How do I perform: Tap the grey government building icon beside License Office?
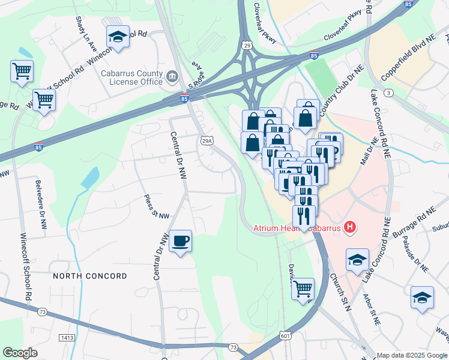click(x=172, y=76)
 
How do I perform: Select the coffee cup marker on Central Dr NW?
click(x=180, y=241)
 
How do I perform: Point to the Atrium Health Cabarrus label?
click(x=292, y=227)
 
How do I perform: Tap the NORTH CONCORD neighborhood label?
click(x=89, y=276)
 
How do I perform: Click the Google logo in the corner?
click(x=20, y=353)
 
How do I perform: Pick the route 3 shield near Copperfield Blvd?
click(x=390, y=92)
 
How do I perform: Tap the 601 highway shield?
click(x=286, y=339)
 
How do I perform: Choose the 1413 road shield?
click(x=67, y=338)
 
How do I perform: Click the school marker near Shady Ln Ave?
click(x=118, y=37)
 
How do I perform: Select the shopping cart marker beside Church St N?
click(x=303, y=289)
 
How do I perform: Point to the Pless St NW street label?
click(x=156, y=207)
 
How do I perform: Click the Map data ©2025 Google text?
click(x=412, y=355)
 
